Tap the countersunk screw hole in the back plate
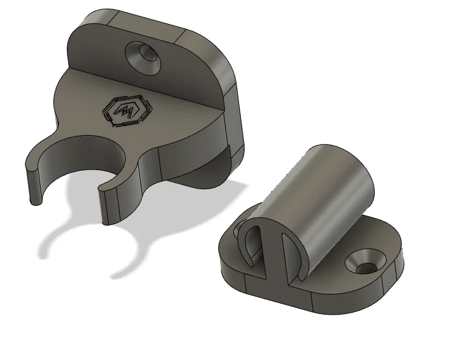(x=145, y=55)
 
